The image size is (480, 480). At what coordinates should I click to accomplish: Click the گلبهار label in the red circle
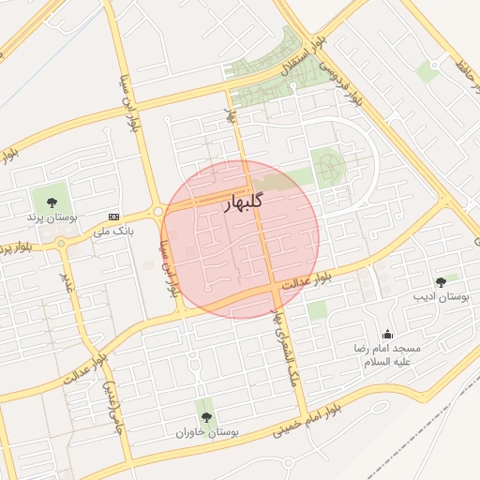(x=244, y=203)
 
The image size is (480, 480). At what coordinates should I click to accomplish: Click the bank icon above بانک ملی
(x=114, y=215)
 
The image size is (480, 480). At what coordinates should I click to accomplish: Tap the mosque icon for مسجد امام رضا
(x=387, y=335)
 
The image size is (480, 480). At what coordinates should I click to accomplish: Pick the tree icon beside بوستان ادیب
(x=441, y=282)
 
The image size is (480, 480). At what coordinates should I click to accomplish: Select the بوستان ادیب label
(x=441, y=297)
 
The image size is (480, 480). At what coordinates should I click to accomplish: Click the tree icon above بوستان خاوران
(x=206, y=417)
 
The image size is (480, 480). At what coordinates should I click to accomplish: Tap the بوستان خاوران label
(x=207, y=433)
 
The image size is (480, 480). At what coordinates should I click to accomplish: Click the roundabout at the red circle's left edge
(x=160, y=212)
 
